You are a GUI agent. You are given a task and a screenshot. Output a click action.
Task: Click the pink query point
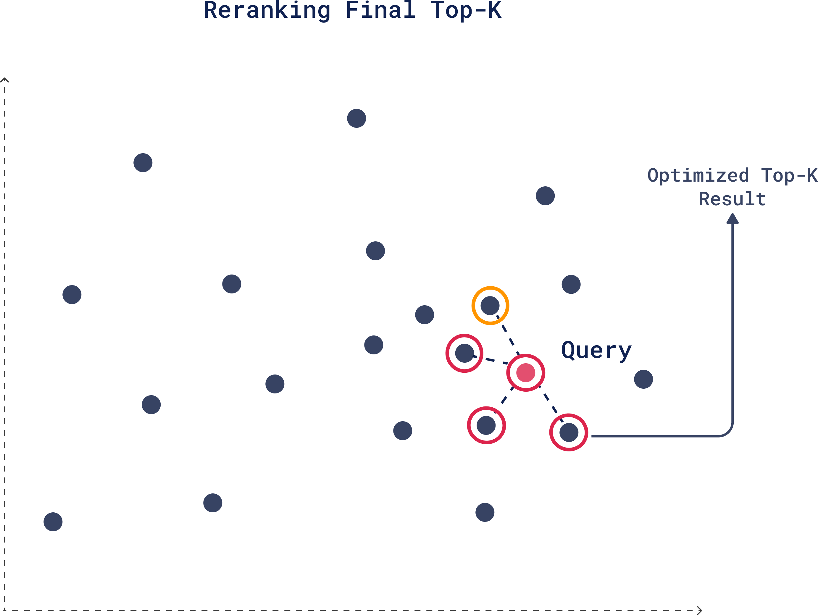pos(525,373)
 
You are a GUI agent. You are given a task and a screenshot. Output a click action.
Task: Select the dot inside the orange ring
pos(490,306)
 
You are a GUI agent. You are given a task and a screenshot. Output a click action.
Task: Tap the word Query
pos(596,350)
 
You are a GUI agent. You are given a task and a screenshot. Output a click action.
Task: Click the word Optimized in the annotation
pos(698,175)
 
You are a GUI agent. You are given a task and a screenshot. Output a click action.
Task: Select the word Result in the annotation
pos(732,199)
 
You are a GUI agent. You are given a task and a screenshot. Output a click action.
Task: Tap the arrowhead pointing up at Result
pos(732,218)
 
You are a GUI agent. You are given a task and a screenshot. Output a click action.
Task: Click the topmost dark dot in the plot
pos(356,118)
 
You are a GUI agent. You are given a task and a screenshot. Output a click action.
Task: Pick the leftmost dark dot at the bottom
pos(53,522)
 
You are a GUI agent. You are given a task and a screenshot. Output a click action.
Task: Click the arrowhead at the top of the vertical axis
pos(4,80)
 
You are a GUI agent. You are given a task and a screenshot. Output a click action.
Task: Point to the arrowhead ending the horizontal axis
pos(700,611)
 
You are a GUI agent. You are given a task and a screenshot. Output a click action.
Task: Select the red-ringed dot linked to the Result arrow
pos(569,432)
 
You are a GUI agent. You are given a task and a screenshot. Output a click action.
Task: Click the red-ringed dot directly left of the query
pos(464,353)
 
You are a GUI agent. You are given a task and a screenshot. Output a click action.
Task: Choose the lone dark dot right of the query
pos(643,379)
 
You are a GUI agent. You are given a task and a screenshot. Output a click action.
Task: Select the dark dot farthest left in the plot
pos(53,522)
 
